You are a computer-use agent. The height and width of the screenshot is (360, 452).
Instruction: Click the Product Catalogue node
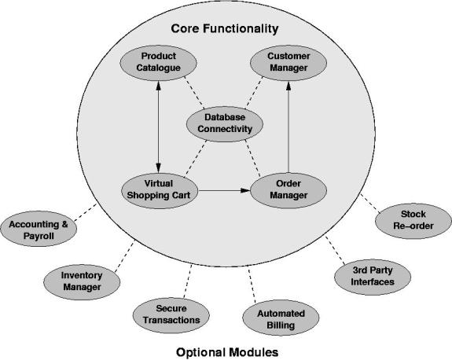click(x=158, y=63)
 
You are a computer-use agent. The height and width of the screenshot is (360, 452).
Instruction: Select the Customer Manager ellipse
click(x=288, y=63)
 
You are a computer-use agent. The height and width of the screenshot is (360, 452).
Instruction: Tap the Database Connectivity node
click(x=225, y=123)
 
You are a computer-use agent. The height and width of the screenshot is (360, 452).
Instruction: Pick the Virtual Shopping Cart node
click(x=160, y=190)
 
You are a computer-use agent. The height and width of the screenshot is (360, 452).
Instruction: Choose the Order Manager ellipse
click(x=288, y=190)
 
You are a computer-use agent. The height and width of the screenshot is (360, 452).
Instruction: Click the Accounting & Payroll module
click(x=39, y=229)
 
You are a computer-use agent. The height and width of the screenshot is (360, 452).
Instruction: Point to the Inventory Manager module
click(x=82, y=282)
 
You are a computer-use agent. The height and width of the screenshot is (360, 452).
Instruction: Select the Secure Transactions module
click(x=171, y=315)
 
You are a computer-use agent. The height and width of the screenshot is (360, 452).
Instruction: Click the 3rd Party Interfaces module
click(x=373, y=277)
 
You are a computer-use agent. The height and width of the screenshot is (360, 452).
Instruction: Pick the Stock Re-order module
click(x=413, y=221)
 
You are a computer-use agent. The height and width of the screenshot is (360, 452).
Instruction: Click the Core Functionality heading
click(x=225, y=28)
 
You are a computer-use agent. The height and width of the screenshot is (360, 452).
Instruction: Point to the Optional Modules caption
click(x=227, y=352)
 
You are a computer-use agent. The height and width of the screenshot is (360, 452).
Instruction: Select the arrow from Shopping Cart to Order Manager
click(x=224, y=190)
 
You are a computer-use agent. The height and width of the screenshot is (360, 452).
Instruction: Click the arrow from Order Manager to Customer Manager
click(x=288, y=127)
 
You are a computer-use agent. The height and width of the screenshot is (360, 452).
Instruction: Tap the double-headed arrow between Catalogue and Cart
click(x=158, y=127)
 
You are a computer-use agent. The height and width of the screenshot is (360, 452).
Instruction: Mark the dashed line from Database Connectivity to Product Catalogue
click(x=194, y=93)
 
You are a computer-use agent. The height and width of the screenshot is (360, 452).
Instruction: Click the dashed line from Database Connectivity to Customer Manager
click(x=254, y=93)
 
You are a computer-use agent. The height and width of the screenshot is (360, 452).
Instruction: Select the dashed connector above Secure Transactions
click(x=188, y=281)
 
